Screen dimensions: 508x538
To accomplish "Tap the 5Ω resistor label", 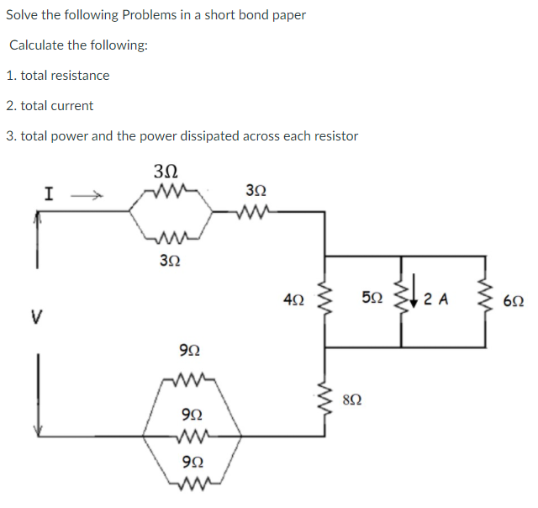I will tap(371, 298).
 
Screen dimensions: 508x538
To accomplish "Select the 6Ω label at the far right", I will tap(513, 299).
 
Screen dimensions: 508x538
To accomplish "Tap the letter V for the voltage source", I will tap(36, 318).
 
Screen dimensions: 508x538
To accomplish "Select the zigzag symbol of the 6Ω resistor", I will tap(484, 299).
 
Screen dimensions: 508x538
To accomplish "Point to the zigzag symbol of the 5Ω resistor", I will tap(401, 298).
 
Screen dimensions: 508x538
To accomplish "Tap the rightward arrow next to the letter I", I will tap(85, 197).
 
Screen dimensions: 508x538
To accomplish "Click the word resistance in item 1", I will tap(82, 76).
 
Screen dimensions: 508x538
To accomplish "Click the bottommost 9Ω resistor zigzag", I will tap(192, 483).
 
